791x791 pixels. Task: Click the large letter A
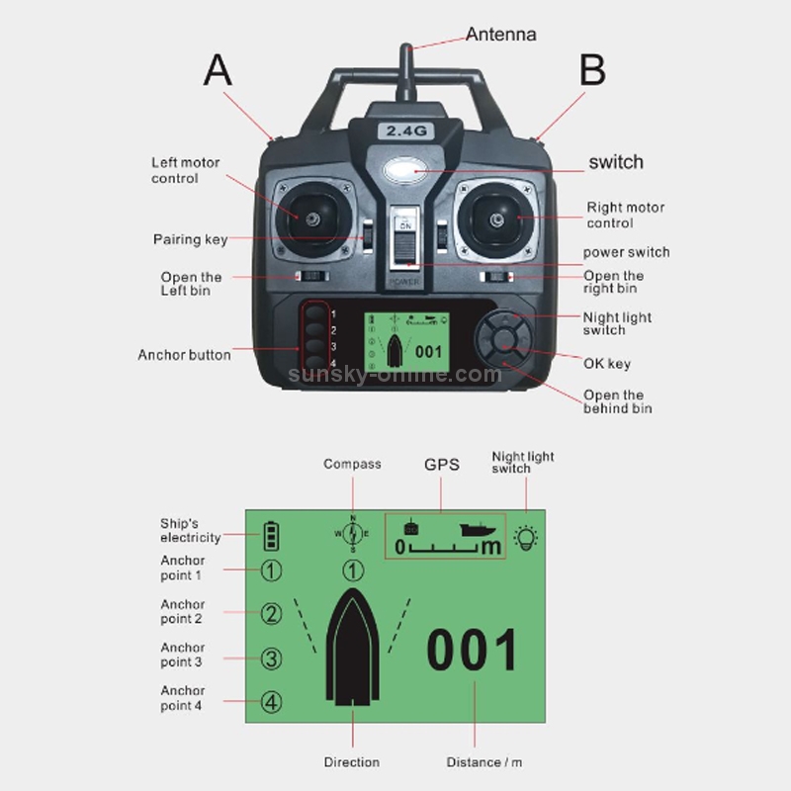(218, 70)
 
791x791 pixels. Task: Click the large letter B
(591, 70)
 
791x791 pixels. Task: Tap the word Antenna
(500, 35)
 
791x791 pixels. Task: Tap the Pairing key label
(190, 239)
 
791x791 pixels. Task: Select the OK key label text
(606, 364)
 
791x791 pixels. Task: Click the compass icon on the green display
(353, 534)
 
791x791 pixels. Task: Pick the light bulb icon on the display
(527, 538)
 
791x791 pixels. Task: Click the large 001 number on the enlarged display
(473, 652)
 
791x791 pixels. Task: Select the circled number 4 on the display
(271, 703)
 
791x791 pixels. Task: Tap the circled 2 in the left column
(271, 614)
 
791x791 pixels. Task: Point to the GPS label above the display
(442, 464)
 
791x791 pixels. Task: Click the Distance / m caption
(484, 762)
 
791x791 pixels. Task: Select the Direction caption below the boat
(352, 762)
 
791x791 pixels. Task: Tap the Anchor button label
(184, 355)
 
